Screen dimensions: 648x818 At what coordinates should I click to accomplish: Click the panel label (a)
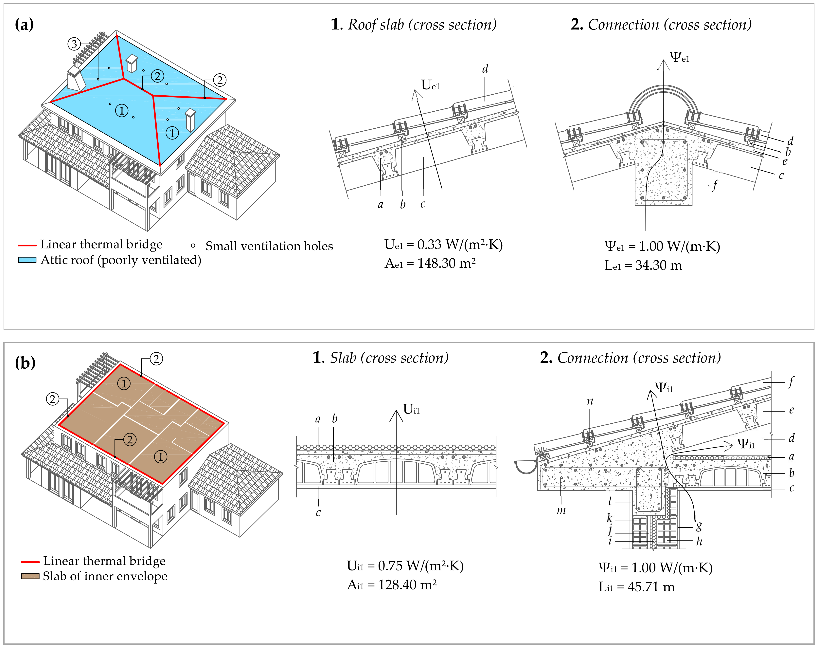pyautogui.click(x=24, y=25)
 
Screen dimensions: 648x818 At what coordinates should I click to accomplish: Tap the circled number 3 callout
pyautogui.click(x=74, y=44)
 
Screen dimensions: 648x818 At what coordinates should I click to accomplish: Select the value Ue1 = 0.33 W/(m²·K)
pyautogui.click(x=443, y=245)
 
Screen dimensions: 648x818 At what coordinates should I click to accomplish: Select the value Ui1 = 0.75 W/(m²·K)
pyautogui.click(x=405, y=566)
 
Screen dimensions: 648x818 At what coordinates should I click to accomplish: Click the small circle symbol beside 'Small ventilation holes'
pyautogui.click(x=193, y=246)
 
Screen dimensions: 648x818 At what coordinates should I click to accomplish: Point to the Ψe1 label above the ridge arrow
pyautogui.click(x=680, y=58)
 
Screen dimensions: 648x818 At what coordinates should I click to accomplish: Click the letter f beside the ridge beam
pyautogui.click(x=715, y=186)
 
